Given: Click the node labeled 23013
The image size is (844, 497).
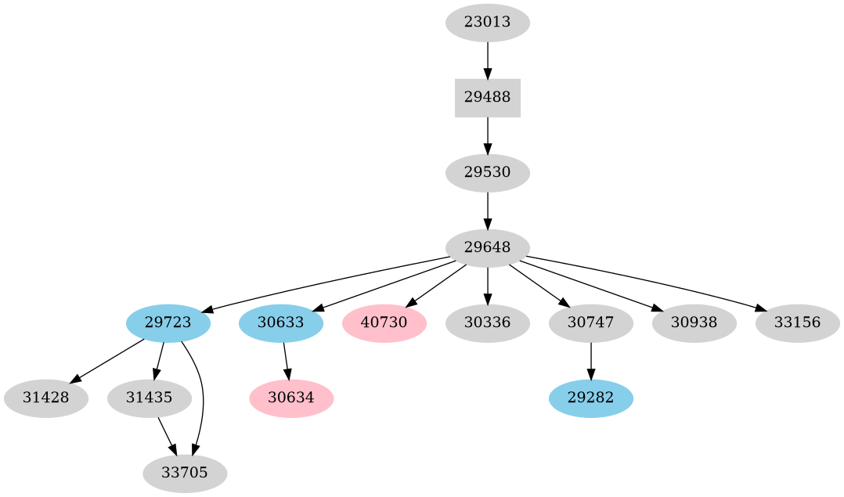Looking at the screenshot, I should [x=487, y=23].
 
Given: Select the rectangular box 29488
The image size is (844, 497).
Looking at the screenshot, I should [x=487, y=98].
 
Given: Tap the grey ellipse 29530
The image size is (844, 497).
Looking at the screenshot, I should [x=487, y=172].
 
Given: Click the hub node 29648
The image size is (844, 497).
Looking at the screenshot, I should [x=487, y=248].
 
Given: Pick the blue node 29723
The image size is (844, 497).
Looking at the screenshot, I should [x=168, y=322].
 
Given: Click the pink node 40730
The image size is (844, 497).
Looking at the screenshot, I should [x=384, y=322].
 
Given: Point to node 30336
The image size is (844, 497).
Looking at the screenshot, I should [x=487, y=322].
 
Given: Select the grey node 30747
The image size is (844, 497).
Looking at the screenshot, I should [x=590, y=322].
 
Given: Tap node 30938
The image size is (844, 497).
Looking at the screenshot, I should [x=694, y=322].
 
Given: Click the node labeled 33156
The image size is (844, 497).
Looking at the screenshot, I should [x=797, y=322].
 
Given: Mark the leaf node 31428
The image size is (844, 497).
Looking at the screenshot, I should [x=45, y=398].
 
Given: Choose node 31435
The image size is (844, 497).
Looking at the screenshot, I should [x=149, y=398].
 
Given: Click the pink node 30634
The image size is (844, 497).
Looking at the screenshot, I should [x=291, y=398].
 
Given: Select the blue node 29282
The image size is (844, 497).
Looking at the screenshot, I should [x=590, y=398].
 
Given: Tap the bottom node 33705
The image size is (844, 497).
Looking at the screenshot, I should [x=185, y=473].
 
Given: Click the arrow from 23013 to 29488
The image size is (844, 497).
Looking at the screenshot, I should [x=487, y=59].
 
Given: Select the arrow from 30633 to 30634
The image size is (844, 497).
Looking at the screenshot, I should [x=286, y=360].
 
